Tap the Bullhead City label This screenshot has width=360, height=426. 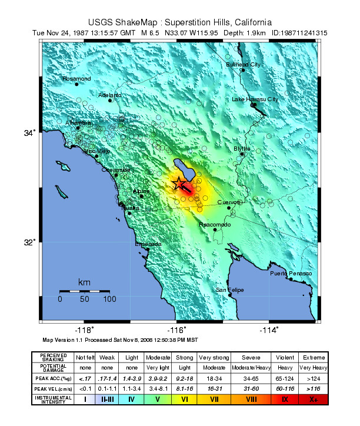pos(243,64)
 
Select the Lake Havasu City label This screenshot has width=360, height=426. pos(254,99)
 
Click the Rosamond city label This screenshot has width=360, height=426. pos(76,78)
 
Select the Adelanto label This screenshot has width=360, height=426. pos(110,95)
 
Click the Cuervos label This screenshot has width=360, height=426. pos(229,202)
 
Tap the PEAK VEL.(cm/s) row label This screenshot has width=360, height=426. pos(53,388)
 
